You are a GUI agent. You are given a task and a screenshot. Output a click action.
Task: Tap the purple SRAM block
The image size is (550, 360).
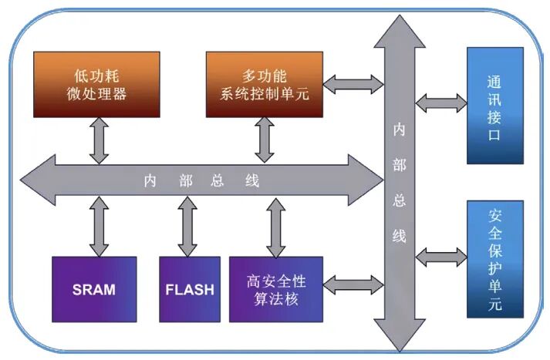(x=94, y=289)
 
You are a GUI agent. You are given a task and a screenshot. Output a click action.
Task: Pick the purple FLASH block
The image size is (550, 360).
(x=189, y=289)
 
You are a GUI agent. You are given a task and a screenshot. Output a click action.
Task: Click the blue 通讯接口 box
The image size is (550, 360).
(x=495, y=105)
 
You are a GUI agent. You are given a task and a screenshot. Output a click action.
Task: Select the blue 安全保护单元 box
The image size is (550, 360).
(x=495, y=258)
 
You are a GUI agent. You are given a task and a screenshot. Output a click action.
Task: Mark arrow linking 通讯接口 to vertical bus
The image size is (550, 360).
(x=440, y=101)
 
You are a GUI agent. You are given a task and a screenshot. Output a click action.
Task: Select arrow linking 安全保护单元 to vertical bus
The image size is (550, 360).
(x=440, y=254)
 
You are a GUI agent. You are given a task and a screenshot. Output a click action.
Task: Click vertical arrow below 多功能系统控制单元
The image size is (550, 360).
(x=265, y=140)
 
